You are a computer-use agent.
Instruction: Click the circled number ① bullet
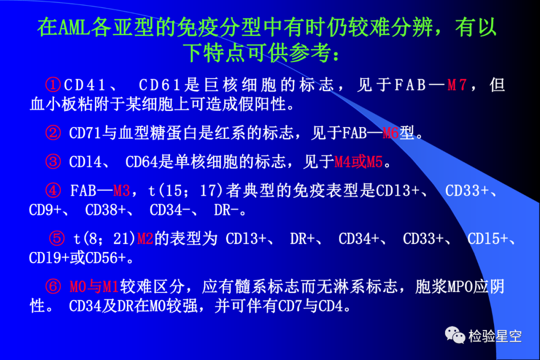pyautogui.click(x=53, y=84)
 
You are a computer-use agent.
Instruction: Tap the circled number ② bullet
pyautogui.click(x=53, y=133)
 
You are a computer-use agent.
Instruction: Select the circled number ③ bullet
pyautogui.click(x=53, y=161)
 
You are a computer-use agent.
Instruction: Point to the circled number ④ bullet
pyautogui.click(x=53, y=190)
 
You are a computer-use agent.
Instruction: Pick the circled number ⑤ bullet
pyautogui.click(x=57, y=238)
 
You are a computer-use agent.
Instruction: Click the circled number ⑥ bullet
pyautogui.click(x=53, y=286)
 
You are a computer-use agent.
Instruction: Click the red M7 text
pyautogui.click(x=457, y=85)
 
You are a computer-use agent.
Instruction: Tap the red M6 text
pyautogui.click(x=390, y=133)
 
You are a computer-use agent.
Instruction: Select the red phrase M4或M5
pyautogui.click(x=358, y=161)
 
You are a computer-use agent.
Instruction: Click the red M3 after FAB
pyautogui.click(x=121, y=190)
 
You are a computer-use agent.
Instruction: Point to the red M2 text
pyautogui.click(x=145, y=238)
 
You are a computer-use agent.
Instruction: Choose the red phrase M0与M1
pyautogui.click(x=94, y=286)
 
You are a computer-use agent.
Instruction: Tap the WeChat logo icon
pyautogui.click(x=455, y=335)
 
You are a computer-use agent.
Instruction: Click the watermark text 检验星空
pyautogui.click(x=495, y=336)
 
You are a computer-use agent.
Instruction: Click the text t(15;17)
pyautogui.click(x=186, y=190)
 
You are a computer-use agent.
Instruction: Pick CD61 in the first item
pyautogui.click(x=160, y=85)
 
